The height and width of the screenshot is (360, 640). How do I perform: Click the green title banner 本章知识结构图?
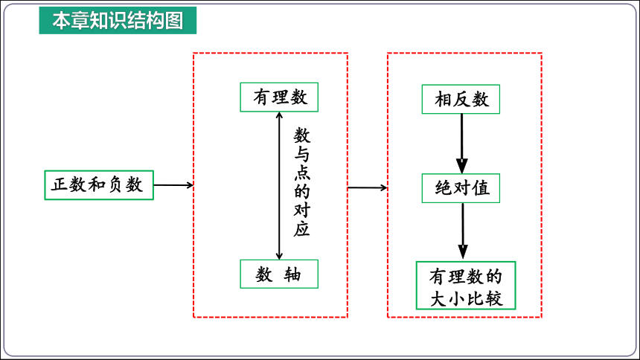118,20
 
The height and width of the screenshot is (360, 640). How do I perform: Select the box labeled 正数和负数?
99,185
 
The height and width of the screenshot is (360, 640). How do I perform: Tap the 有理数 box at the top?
279,97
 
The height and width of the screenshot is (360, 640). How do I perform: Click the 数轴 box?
279,274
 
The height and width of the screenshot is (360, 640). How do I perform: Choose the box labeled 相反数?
461,99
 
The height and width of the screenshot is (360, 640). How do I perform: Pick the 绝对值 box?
461,188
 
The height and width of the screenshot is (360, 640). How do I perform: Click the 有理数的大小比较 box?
466,286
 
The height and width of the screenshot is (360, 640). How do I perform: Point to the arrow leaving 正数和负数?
173,185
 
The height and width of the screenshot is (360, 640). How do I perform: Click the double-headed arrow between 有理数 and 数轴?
279,186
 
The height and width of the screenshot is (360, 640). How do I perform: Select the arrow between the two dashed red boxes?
368,187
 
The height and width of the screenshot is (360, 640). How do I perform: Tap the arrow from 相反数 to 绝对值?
461,144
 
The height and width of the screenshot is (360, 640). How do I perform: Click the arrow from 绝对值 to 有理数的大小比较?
462,231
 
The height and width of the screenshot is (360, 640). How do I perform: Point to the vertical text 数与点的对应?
302,182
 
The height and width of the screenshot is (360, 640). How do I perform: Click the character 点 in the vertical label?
302,173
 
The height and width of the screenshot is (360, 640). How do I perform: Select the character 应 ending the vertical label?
302,229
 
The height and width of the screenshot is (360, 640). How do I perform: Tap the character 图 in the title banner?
174,20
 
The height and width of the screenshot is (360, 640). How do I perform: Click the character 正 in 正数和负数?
60,185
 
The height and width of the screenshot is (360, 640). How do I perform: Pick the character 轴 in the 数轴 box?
292,274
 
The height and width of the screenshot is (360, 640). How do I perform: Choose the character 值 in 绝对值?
481,188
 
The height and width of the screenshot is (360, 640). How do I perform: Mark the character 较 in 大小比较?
493,299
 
